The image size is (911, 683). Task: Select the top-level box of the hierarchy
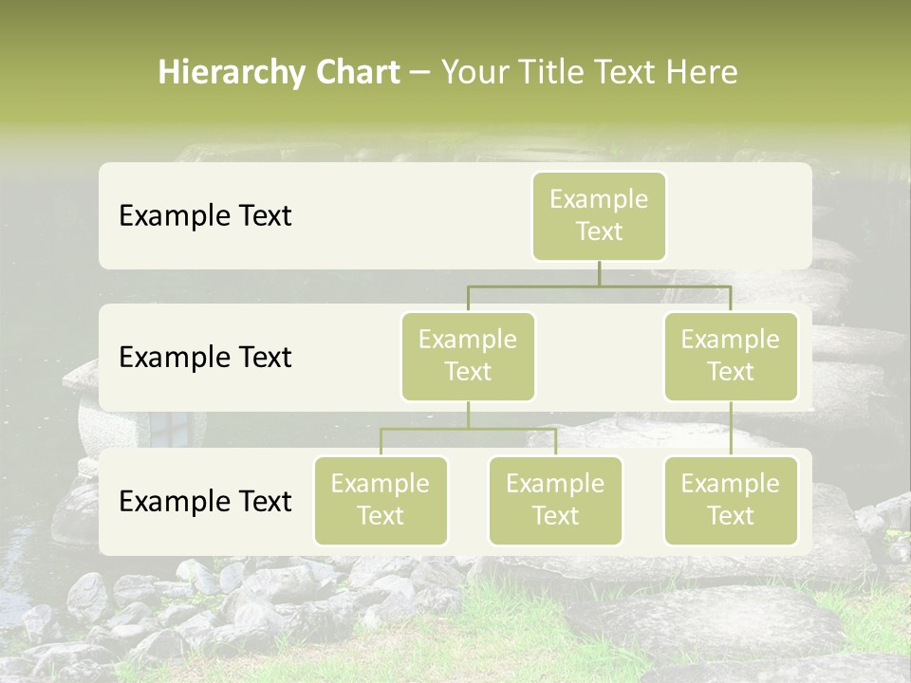tap(599, 215)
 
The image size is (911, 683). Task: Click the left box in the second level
tap(468, 356)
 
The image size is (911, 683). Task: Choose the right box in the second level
tap(731, 356)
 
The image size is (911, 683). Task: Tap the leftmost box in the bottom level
tap(381, 500)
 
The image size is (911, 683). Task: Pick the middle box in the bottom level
tap(555, 500)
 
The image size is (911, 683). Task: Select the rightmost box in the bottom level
tap(731, 500)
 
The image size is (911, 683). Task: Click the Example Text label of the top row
tap(205, 215)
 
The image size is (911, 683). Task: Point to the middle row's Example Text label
tap(205, 357)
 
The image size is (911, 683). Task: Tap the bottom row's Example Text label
tap(205, 501)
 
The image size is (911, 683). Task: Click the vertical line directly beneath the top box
tap(599, 273)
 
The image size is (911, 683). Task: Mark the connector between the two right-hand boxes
tap(731, 429)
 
